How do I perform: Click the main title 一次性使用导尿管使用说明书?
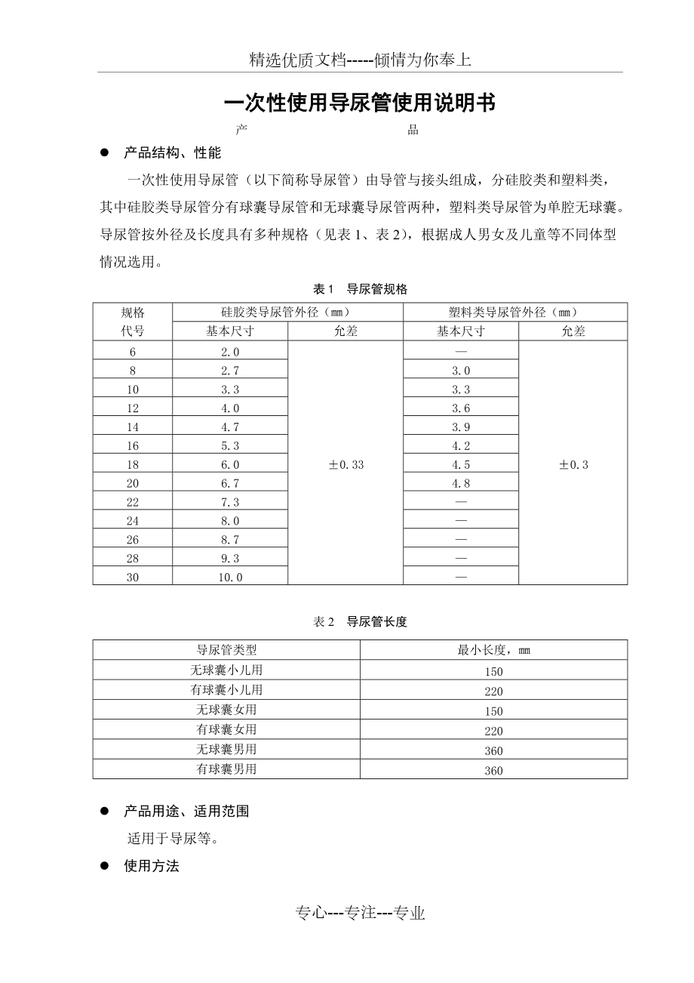click(x=361, y=103)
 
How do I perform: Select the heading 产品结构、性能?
click(x=172, y=153)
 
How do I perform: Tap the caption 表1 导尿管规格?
click(x=361, y=289)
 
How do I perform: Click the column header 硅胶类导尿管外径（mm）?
click(x=287, y=312)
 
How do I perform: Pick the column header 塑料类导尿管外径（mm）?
click(x=515, y=312)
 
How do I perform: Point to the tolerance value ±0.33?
click(x=345, y=464)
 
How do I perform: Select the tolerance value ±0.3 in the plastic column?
click(x=573, y=464)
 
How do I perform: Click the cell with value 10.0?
click(x=230, y=577)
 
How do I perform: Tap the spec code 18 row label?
click(x=133, y=464)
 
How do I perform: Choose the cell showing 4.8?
click(x=461, y=483)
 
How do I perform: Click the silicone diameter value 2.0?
click(x=230, y=352)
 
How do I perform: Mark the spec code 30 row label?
click(x=133, y=577)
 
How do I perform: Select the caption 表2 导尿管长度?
click(x=361, y=622)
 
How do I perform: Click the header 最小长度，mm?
click(x=493, y=650)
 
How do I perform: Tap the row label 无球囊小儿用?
click(x=226, y=670)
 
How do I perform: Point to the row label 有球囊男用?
click(x=226, y=769)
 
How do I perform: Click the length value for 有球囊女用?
click(x=493, y=731)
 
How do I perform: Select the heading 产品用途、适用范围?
click(x=186, y=812)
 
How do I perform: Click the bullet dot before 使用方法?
click(x=105, y=867)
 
